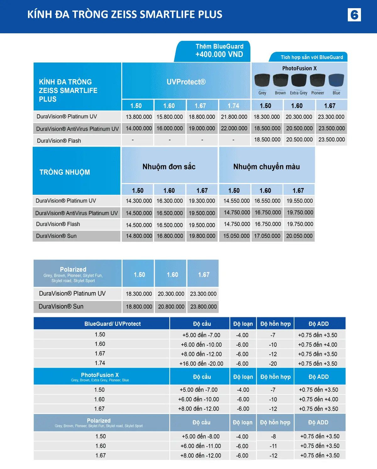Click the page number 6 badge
tap(354, 15)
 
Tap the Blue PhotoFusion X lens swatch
tap(336, 80)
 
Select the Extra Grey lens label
tap(298, 93)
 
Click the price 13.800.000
tap(139, 117)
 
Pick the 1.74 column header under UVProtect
tap(233, 106)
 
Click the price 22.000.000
tap(234, 128)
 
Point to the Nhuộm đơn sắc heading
tap(169, 166)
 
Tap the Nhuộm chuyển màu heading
tap(266, 166)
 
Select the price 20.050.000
tap(299, 236)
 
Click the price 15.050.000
tap(236, 236)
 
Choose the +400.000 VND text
tap(219, 54)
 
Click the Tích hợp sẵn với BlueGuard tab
tap(312, 57)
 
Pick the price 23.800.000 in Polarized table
tap(203, 307)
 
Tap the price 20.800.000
tap(171, 307)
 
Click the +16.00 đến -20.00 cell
tap(201, 363)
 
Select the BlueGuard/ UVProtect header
tap(112, 324)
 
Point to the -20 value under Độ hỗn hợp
tap(273, 363)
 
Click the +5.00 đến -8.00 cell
tap(200, 436)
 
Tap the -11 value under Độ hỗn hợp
tap(273, 446)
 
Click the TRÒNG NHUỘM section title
tap(65, 172)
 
